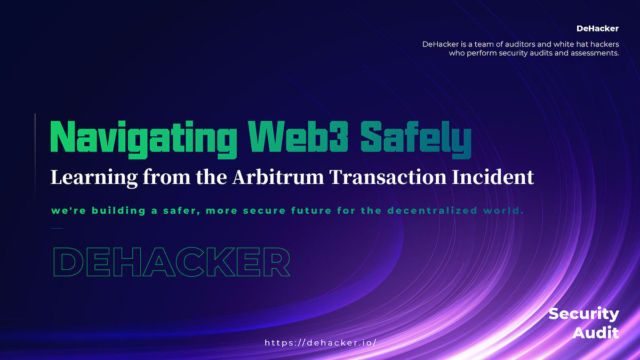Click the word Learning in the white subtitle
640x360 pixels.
point(94,178)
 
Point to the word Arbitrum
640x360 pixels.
point(278,178)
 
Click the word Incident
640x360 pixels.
point(495,178)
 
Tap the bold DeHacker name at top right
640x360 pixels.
point(597,28)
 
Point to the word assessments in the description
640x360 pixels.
point(590,53)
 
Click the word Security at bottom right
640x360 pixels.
point(583,314)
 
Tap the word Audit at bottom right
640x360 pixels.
point(596,333)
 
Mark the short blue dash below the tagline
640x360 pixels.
point(57,228)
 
